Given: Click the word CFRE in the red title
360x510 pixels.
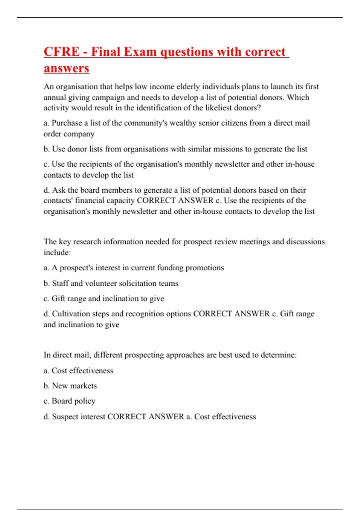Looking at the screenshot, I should tap(61, 52).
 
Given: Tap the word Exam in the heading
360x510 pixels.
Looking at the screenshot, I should tap(140, 52).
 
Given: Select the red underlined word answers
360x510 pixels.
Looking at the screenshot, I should tap(66, 68).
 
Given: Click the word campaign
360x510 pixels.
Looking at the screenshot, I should tap(111, 97).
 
